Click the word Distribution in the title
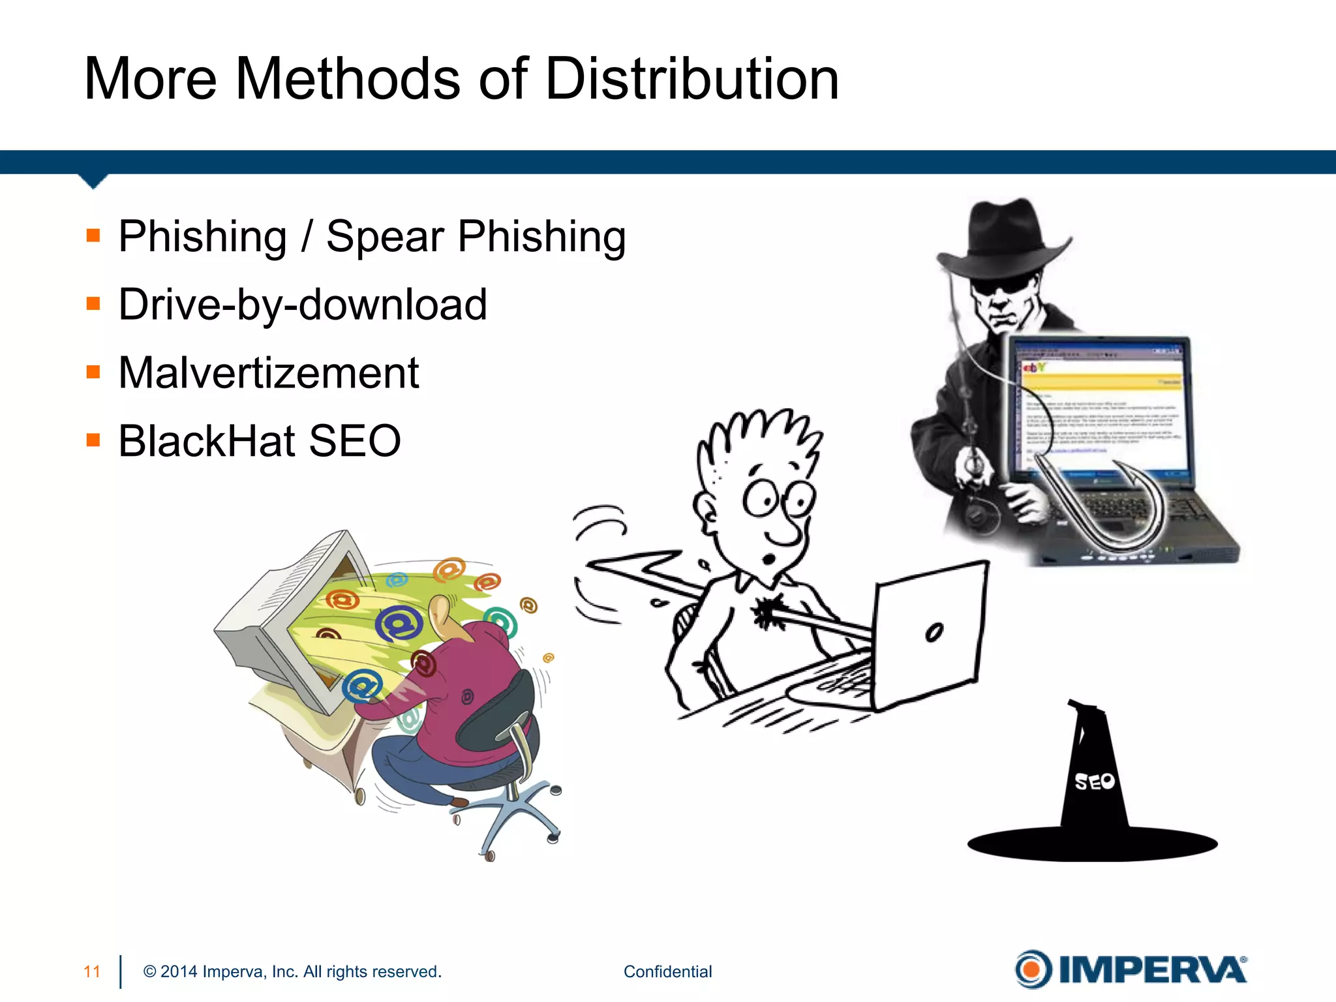pyautogui.click(x=691, y=79)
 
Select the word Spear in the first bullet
pyautogui.click(x=384, y=236)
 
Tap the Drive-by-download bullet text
pyautogui.click(x=303, y=305)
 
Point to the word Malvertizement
pyautogui.click(x=269, y=373)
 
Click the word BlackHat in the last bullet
pyautogui.click(x=207, y=441)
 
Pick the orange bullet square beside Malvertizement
pyautogui.click(x=93, y=372)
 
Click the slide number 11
pyautogui.click(x=92, y=971)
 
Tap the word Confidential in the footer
pyautogui.click(x=667, y=971)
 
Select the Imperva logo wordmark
pyautogui.click(x=1152, y=970)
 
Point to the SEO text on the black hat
pyautogui.click(x=1094, y=781)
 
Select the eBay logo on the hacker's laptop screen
pyautogui.click(x=1033, y=368)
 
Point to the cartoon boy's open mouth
pyautogui.click(x=770, y=559)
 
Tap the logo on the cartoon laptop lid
pyautogui.click(x=934, y=632)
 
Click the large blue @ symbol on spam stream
pyautogui.click(x=399, y=624)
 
